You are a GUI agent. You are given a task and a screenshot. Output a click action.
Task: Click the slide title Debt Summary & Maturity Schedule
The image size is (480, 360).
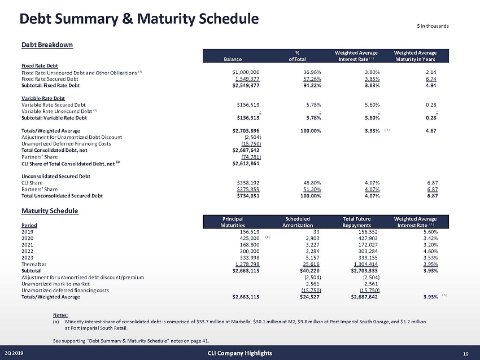click(x=139, y=19)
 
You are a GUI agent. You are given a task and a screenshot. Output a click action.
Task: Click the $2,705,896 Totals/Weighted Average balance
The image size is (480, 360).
click(x=246, y=131)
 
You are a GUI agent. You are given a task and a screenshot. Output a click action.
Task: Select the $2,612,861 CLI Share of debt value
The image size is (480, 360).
click(x=246, y=163)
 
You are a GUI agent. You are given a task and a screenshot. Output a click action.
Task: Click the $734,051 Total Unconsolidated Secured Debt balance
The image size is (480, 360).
click(x=246, y=196)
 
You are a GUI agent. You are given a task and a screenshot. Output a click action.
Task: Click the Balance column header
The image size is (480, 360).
click(x=233, y=59)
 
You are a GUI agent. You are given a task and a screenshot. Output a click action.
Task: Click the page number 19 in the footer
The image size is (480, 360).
click(x=466, y=353)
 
